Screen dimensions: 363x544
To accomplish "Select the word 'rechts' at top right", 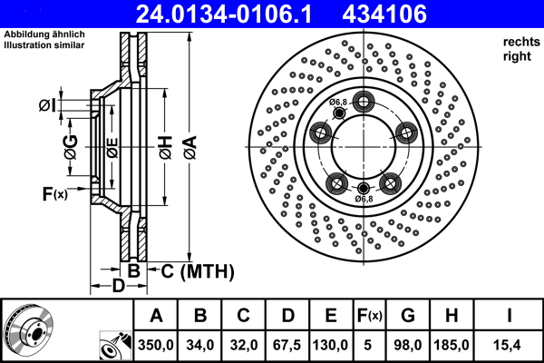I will (x=520, y=41).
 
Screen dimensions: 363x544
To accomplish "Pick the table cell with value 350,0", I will (x=156, y=345).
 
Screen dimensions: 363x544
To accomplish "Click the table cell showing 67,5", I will (x=288, y=345).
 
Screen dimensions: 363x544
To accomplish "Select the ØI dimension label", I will (x=47, y=107).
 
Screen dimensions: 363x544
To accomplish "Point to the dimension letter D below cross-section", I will (x=118, y=288).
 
